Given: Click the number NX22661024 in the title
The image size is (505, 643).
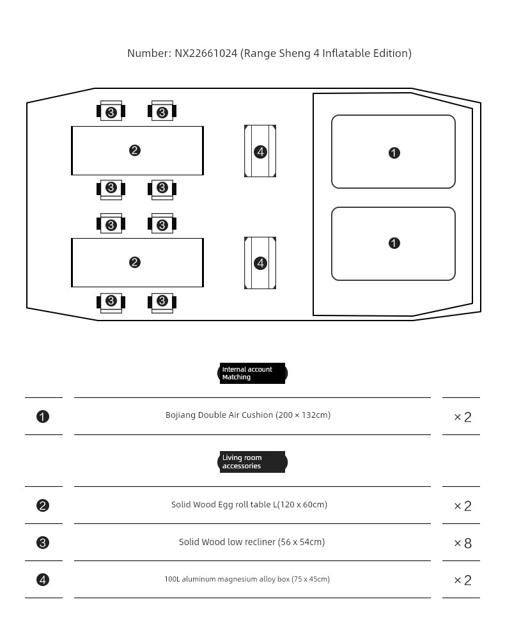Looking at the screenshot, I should pyautogui.click(x=205, y=53).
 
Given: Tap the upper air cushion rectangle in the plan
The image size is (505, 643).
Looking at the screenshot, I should pyautogui.click(x=393, y=152).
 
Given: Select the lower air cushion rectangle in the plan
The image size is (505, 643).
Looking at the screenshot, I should pyautogui.click(x=393, y=244).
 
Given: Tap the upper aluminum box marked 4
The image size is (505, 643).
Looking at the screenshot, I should pyautogui.click(x=260, y=152).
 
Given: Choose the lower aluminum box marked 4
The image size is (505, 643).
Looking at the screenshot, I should pyautogui.click(x=260, y=263).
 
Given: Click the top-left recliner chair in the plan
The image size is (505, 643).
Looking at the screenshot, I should pyautogui.click(x=111, y=111).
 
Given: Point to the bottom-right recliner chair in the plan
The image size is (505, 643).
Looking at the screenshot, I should pyautogui.click(x=162, y=301).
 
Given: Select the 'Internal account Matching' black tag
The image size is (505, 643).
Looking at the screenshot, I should pyautogui.click(x=252, y=373).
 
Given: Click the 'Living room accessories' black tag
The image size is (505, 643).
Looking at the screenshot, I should pyautogui.click(x=252, y=462).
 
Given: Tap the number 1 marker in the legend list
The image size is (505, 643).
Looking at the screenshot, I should pyautogui.click(x=43, y=417).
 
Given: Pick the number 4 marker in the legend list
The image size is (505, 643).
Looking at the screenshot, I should pyautogui.click(x=43, y=580).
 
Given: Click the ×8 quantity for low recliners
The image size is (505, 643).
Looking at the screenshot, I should pyautogui.click(x=462, y=543).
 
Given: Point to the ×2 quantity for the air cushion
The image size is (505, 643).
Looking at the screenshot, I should pyautogui.click(x=462, y=417).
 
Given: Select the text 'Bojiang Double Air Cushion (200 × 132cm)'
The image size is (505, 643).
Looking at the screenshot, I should pyautogui.click(x=248, y=415).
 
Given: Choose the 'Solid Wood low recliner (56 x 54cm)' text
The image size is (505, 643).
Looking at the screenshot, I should pyautogui.click(x=251, y=542).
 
